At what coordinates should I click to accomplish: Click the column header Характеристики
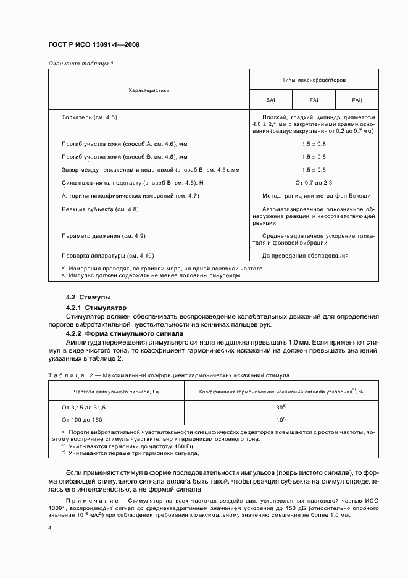click(148, 90)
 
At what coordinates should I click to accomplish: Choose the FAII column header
click(356, 99)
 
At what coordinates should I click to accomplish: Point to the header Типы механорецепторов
click(314, 80)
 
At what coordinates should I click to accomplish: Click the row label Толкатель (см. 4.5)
click(90, 117)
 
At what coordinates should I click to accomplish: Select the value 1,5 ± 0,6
click(314, 169)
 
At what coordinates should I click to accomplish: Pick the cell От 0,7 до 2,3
click(314, 183)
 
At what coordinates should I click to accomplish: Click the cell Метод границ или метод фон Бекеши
click(314, 196)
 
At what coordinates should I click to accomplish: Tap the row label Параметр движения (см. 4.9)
click(104, 236)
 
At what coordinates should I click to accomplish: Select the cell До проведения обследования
click(305, 256)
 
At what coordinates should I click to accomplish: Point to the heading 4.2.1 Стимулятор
click(96, 307)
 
